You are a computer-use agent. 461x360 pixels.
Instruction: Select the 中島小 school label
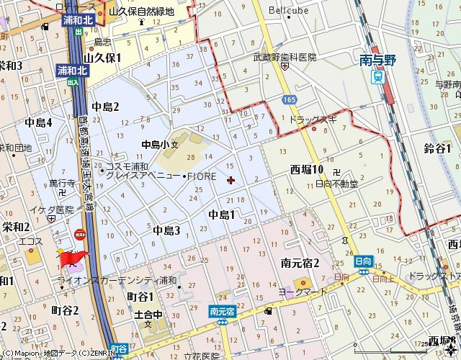click(155, 143)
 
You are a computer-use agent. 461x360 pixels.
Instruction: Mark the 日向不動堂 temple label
click(338, 184)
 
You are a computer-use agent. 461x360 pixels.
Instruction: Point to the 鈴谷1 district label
click(437, 148)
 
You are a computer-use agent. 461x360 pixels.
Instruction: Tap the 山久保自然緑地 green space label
click(142, 12)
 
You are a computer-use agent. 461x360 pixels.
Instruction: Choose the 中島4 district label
click(39, 122)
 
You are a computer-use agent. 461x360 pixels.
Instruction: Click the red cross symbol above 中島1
click(230, 180)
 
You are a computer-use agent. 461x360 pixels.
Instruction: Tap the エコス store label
click(32, 240)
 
